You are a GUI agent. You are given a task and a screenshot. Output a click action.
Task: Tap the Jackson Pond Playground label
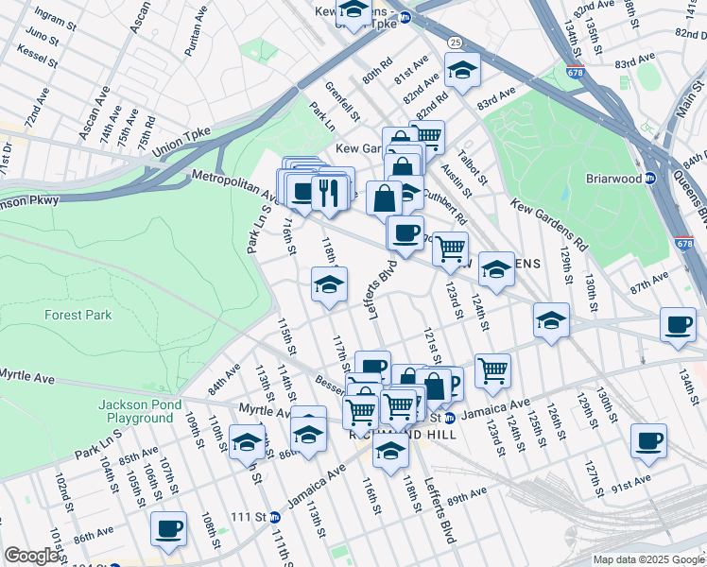[x=136, y=411]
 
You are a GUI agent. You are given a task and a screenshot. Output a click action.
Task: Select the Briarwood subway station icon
[x=650, y=178]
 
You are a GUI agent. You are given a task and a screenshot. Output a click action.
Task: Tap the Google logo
[x=31, y=556]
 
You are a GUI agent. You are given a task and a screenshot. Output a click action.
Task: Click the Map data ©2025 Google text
[x=648, y=559]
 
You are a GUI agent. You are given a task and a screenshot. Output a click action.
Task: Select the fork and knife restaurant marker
[x=329, y=193]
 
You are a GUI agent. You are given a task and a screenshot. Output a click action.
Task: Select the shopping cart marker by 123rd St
[x=450, y=248]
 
